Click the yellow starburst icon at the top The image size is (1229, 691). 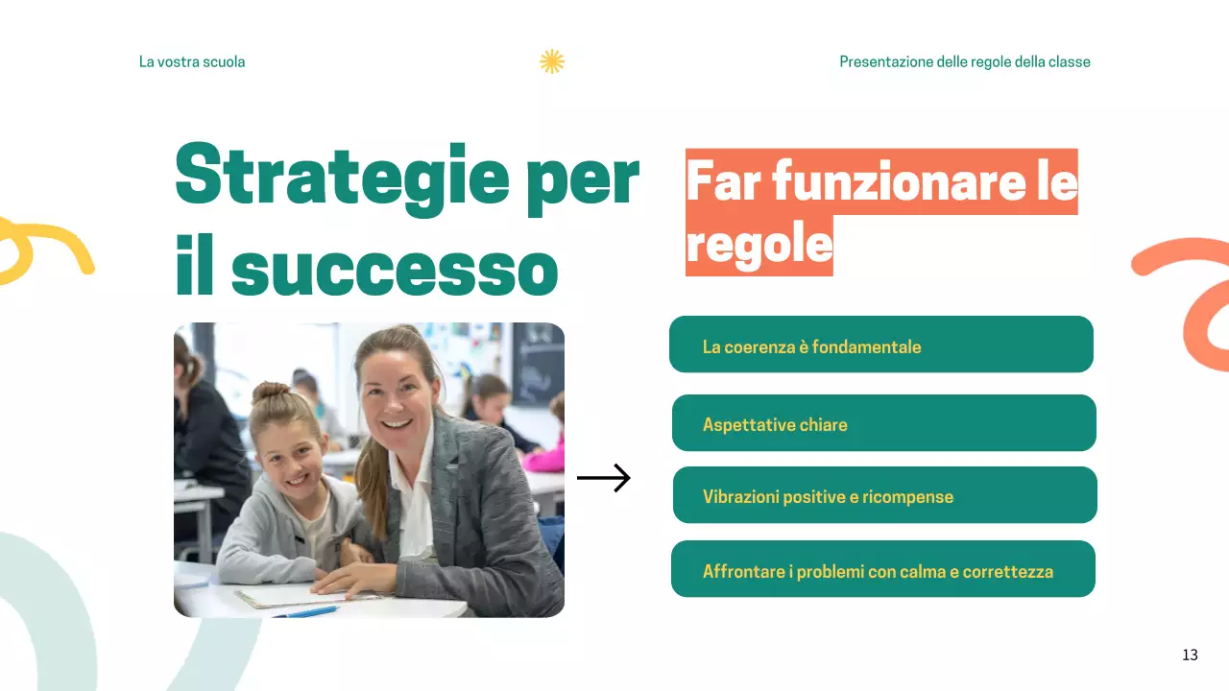551,61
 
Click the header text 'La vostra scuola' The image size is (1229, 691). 192,61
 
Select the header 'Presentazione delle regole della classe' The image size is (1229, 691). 964,61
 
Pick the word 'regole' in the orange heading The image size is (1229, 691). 759,244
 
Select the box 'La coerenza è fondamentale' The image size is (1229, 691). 880,345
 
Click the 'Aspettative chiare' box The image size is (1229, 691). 883,423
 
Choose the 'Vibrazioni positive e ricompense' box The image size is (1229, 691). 884,495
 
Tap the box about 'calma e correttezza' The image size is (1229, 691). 882,569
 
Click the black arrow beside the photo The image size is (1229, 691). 603,478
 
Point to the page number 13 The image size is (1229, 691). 1190,655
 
